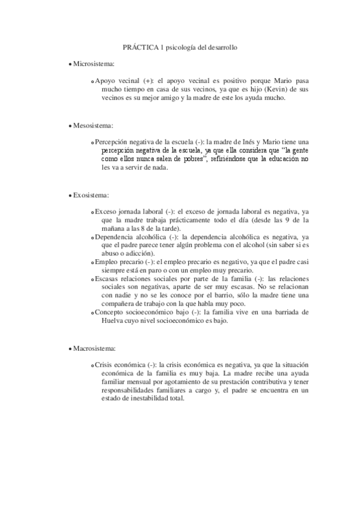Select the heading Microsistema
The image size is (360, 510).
pyautogui.click(x=94, y=63)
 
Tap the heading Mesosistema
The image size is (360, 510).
pyautogui.click(x=93, y=126)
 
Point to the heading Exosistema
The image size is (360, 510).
pyautogui.click(x=91, y=195)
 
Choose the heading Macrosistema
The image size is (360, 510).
pyautogui.click(x=94, y=348)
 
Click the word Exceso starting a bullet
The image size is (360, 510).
pyautogui.click(x=107, y=212)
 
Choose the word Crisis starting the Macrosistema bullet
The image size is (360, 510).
pyautogui.click(x=105, y=364)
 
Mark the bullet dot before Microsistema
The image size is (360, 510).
pyautogui.click(x=70, y=63)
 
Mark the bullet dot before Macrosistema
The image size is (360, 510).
pyautogui.click(x=70, y=348)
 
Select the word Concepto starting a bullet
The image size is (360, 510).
pyautogui.click(x=111, y=312)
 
